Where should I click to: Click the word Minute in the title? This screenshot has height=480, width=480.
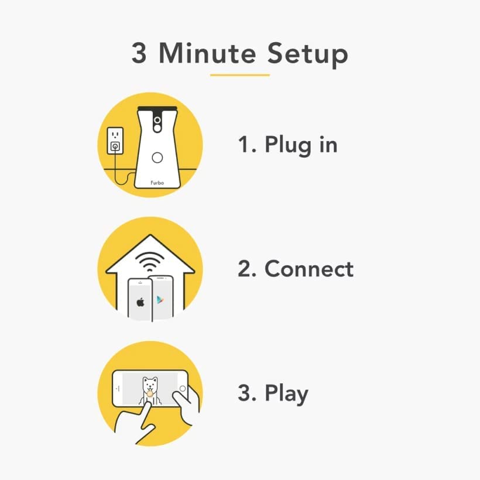[x=207, y=53]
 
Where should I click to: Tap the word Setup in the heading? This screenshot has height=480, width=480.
[x=308, y=55]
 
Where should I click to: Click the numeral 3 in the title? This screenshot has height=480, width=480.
[x=139, y=53]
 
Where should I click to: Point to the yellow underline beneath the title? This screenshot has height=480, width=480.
[x=239, y=75]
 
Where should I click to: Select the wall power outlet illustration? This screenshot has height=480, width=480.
[x=115, y=141]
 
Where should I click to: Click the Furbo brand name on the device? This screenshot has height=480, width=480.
[x=157, y=183]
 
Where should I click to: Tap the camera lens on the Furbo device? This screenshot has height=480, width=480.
[x=157, y=119]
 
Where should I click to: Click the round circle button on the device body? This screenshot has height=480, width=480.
[x=157, y=158]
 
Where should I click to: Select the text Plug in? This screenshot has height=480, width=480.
[x=301, y=145]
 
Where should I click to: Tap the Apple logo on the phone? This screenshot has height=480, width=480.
[x=140, y=302]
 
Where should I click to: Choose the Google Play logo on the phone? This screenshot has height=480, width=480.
[x=160, y=300]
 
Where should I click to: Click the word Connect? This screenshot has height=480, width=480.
[x=309, y=269]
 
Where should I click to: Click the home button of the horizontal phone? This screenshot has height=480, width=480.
[x=183, y=389]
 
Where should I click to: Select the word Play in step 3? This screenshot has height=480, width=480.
[x=286, y=394]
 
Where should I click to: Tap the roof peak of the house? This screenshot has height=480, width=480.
[x=150, y=235]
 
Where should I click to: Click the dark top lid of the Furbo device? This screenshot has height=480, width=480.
[x=157, y=109]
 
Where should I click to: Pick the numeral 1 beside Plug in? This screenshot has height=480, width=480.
[x=244, y=144]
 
